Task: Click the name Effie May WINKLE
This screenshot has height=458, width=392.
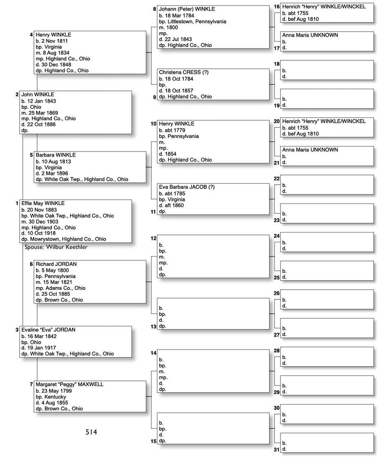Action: click(43, 203)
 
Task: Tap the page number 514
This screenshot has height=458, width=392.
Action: click(91, 432)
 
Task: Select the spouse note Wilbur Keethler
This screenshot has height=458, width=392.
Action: click(56, 247)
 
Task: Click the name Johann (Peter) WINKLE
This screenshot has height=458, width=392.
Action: click(187, 9)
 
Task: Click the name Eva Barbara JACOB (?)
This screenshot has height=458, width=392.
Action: click(187, 187)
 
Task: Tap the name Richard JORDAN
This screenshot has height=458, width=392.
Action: click(56, 264)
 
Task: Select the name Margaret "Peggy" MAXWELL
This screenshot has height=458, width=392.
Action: click(69, 384)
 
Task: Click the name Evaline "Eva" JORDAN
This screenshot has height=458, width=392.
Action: click(48, 330)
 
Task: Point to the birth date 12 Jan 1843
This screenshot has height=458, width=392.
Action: click(41, 101)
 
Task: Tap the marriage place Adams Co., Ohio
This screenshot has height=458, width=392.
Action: click(65, 288)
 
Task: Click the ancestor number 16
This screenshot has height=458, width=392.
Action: click(276, 7)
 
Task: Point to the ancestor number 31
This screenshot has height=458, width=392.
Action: click(276, 450)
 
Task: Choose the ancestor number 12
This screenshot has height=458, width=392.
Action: click(154, 238)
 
